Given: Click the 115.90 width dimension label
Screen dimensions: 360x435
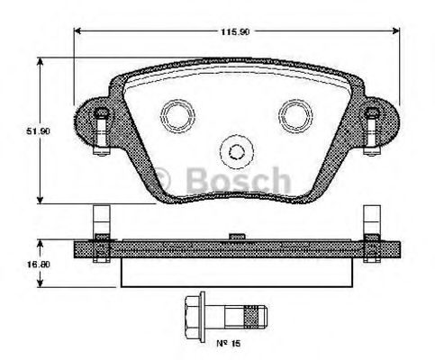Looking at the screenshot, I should [236, 31].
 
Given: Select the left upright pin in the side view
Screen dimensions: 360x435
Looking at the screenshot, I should [100, 221].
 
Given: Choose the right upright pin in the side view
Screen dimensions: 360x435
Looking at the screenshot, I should [370, 221].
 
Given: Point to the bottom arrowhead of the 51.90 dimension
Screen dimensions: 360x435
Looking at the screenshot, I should [40, 202].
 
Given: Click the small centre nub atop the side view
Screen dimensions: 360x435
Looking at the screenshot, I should [235, 237].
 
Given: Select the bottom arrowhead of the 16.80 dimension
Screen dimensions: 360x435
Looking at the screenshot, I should [40, 284].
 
